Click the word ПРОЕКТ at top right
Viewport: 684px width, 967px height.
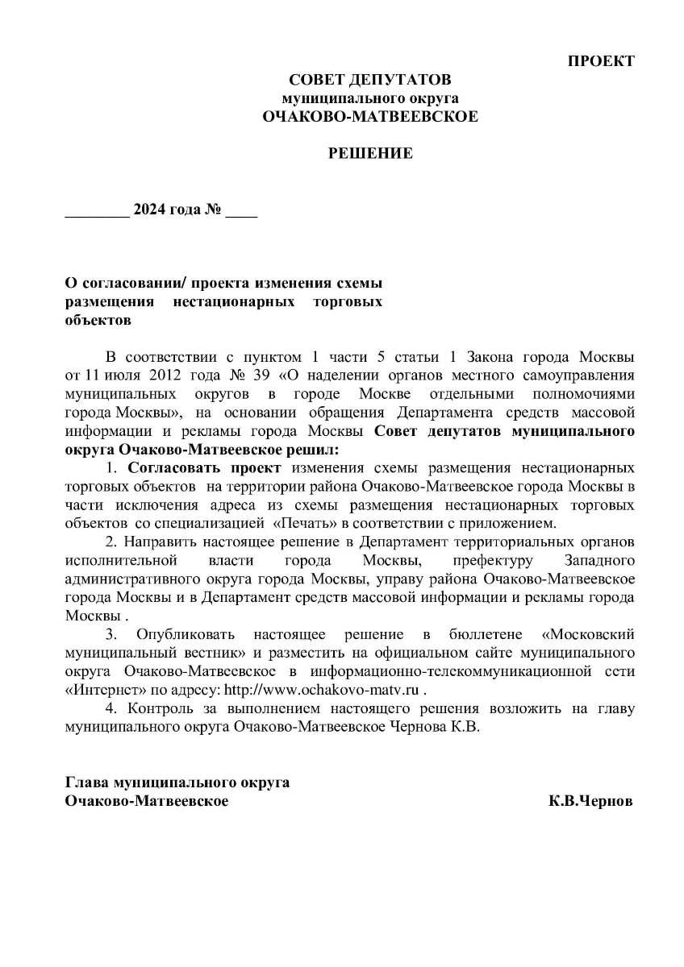(601, 61)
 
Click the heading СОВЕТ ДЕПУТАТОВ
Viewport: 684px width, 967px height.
(370, 80)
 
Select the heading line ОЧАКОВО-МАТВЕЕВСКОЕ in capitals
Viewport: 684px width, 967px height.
(370, 116)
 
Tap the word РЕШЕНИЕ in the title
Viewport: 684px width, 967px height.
(370, 153)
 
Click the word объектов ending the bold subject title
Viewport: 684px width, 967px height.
(98, 320)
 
